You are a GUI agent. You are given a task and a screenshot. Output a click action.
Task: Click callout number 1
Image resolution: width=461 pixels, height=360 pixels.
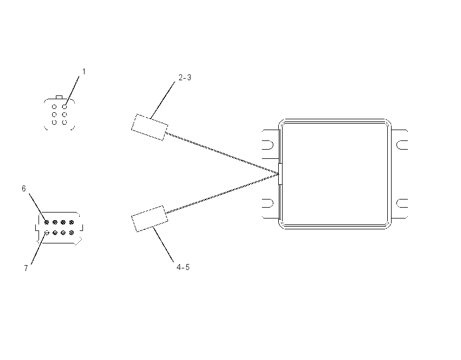coord(84,72)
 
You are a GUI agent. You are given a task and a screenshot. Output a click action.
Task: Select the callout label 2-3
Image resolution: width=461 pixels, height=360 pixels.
coord(185,78)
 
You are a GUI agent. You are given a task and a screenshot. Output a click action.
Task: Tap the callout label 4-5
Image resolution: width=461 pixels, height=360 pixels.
coord(183,267)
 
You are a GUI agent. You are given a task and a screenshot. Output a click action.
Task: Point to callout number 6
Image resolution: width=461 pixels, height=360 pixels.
coord(24,188)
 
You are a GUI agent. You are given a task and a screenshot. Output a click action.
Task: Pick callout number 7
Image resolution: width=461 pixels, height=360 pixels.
coord(26,268)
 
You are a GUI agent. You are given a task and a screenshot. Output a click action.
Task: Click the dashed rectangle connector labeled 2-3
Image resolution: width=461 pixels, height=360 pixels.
coord(150,127)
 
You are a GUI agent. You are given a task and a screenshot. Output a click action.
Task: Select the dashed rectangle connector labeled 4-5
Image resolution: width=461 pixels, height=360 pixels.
coord(150,218)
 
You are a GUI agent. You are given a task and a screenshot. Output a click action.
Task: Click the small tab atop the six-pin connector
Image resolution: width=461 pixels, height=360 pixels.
coord(59,97)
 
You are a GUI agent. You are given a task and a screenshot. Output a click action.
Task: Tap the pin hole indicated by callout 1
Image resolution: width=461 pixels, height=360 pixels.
coord(65,107)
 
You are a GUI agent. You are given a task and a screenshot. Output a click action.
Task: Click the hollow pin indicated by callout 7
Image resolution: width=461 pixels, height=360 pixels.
coord(47,233)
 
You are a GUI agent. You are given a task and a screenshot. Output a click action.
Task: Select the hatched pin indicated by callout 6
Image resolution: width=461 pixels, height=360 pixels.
coord(47,222)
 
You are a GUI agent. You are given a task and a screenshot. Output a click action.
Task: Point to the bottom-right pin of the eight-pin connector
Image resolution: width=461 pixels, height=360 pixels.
coord(72,233)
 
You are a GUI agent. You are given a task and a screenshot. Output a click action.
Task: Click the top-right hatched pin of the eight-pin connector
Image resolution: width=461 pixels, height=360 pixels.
coord(72,222)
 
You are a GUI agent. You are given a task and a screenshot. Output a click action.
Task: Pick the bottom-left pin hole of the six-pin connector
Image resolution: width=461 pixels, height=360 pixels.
coord(54,122)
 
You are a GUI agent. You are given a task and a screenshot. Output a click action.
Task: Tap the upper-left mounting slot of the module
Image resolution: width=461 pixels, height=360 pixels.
coord(267,145)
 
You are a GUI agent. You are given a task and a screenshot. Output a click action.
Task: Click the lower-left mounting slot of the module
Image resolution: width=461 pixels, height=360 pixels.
coord(267,203)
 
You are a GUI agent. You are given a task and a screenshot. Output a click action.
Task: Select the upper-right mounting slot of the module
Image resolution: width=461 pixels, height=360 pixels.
coord(402,145)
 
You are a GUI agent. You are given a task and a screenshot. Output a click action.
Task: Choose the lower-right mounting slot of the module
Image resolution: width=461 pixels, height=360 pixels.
coord(402,203)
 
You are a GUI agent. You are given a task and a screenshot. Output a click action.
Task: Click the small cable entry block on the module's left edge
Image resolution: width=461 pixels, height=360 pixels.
coord(280,174)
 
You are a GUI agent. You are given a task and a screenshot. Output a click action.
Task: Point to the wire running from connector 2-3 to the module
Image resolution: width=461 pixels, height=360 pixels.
coord(222,153)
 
